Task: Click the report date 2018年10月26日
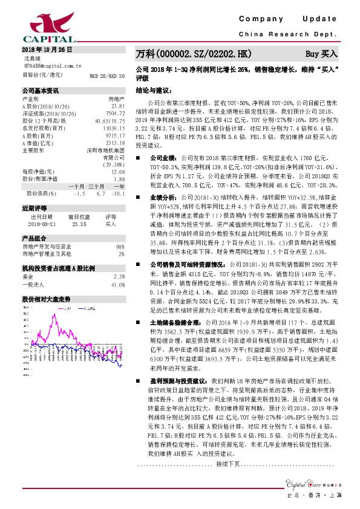(47, 48)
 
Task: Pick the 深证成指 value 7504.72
(115, 112)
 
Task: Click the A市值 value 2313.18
(115, 143)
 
